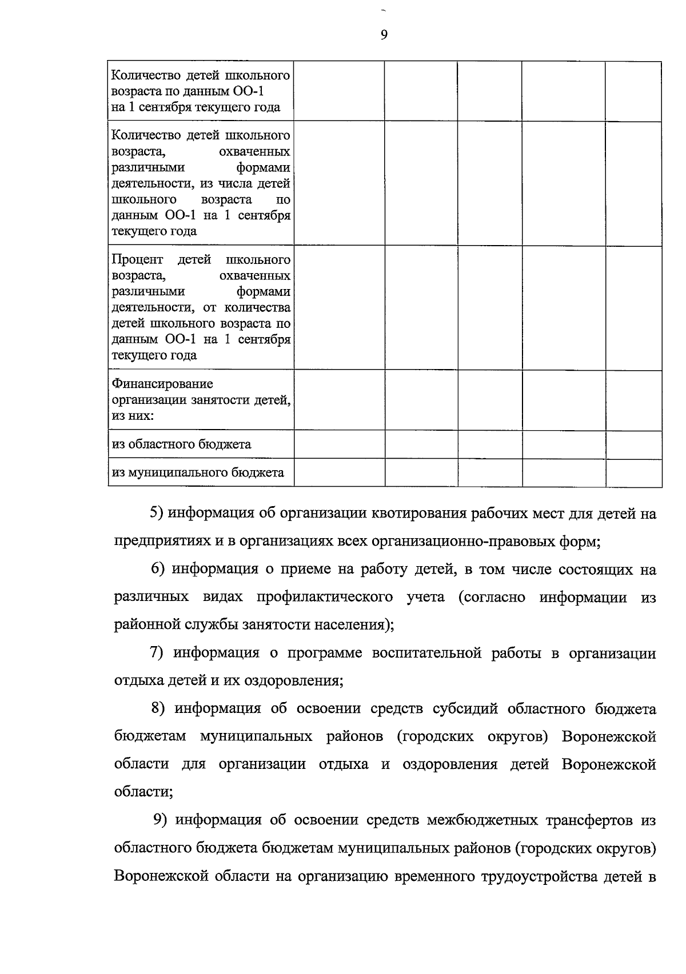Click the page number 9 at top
coord(384,35)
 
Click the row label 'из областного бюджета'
coord(181,444)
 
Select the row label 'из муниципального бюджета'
coord(198,472)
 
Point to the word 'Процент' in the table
coord(137,260)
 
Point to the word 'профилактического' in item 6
coord(325,597)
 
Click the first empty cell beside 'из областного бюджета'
coord(340,444)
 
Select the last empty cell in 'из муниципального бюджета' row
coord(633,472)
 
